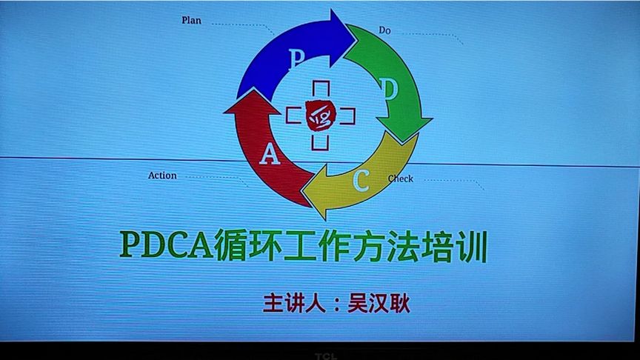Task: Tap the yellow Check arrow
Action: click(x=363, y=181)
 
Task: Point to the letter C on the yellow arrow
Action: click(x=361, y=180)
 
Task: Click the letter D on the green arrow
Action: click(x=391, y=89)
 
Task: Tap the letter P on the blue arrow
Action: click(x=297, y=59)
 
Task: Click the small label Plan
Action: click(x=191, y=20)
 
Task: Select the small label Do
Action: click(x=384, y=30)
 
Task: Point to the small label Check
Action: click(x=401, y=179)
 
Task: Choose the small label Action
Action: click(x=162, y=176)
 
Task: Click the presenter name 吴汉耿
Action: click(x=379, y=304)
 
